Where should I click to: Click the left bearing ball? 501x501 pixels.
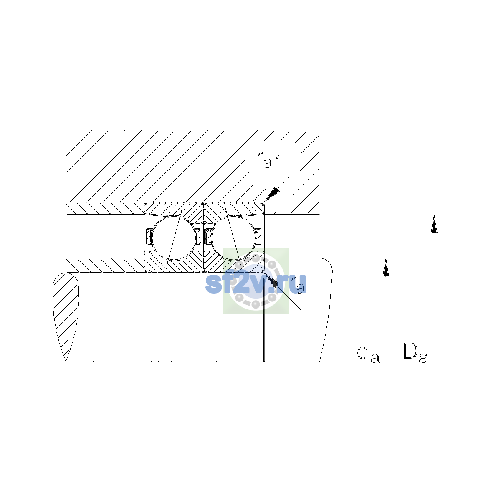tap(174, 238)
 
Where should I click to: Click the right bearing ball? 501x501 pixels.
tap(233, 238)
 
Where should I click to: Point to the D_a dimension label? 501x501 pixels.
tap(415, 353)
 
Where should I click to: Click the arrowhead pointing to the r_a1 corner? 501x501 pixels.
tap(272, 195)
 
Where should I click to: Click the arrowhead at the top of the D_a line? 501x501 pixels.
tap(434, 224)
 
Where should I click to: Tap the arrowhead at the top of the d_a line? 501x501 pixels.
tap(386, 268)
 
